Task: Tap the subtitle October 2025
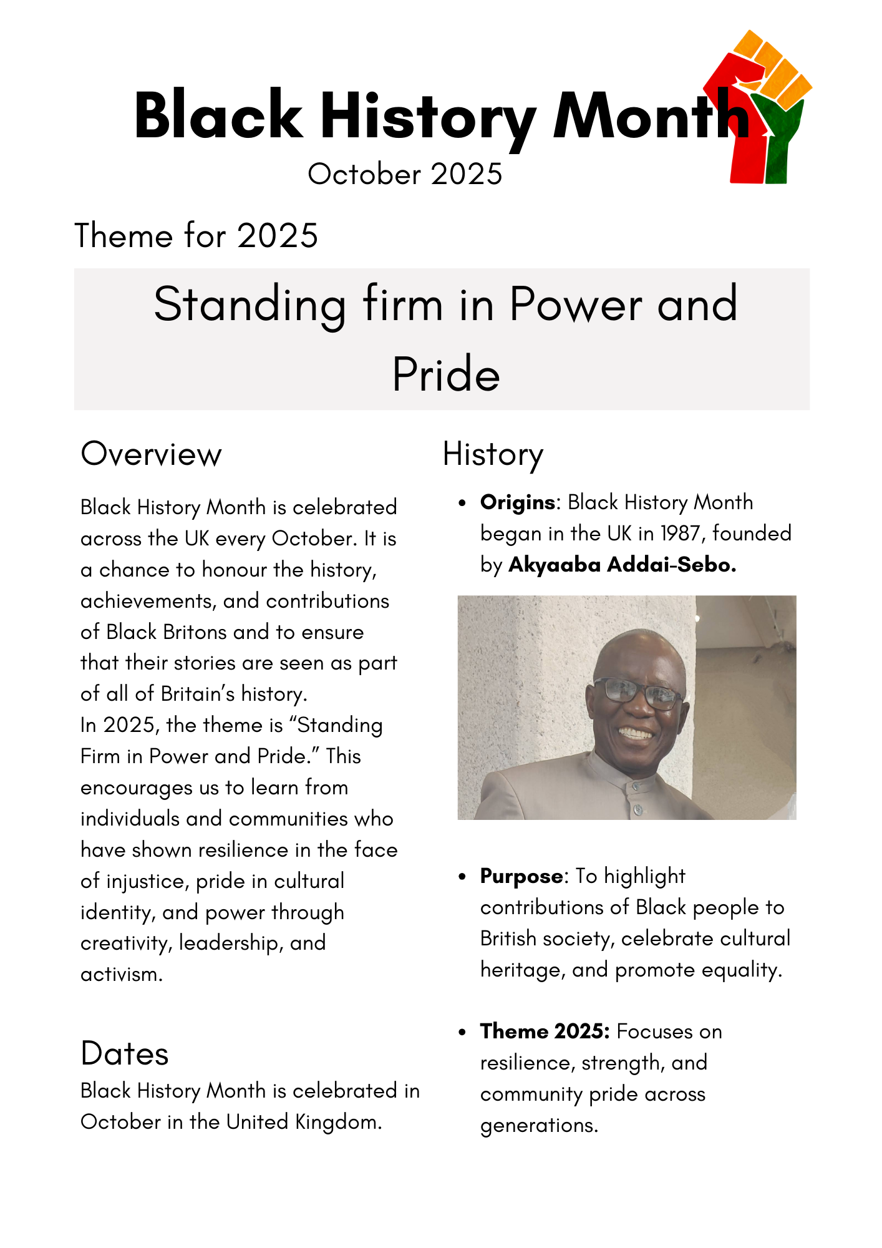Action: (405, 174)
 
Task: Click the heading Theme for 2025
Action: (196, 236)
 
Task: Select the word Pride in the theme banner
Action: (446, 375)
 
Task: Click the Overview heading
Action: (151, 454)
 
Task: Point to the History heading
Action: (493, 454)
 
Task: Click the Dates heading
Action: (125, 1053)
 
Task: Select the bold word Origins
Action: (518, 502)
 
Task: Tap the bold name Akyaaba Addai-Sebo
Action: (622, 565)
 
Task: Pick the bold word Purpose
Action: (521, 876)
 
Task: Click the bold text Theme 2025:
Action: (545, 1031)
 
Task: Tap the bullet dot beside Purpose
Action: (462, 877)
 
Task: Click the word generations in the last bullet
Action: (538, 1125)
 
